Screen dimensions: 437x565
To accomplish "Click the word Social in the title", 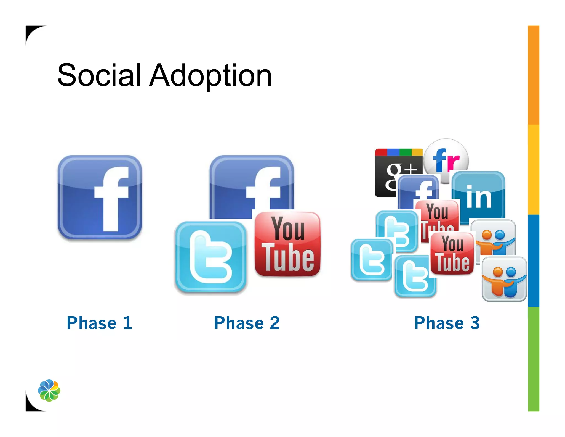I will tap(99, 75).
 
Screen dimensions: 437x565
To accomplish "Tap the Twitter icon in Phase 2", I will tap(211, 257).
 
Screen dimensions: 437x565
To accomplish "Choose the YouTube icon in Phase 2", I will tap(287, 244).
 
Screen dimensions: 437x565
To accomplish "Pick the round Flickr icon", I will tap(446, 157).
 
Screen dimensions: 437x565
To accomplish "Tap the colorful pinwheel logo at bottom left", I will tap(49, 390).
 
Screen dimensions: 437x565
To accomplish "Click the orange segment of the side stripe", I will tap(534, 75).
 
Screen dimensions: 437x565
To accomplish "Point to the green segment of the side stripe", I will tap(534, 359).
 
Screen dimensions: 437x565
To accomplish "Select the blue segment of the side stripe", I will tap(534, 261).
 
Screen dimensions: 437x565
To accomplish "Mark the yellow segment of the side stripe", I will tap(534, 170).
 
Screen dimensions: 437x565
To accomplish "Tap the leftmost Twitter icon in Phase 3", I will tap(371, 260).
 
